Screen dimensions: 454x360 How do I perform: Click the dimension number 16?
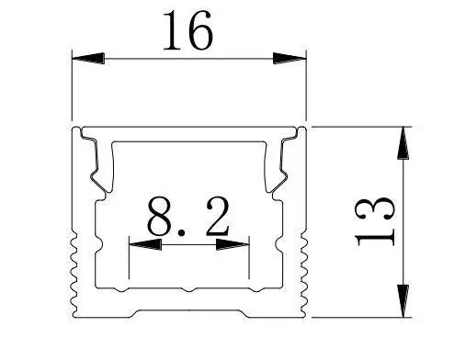point(187,30)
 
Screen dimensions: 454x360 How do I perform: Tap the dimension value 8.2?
point(188,217)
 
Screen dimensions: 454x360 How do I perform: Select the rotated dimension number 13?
point(374,221)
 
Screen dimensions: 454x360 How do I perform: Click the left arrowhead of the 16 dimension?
point(88,58)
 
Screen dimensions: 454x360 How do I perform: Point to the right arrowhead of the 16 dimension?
point(289,58)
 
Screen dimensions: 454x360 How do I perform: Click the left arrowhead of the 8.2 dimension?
point(145,244)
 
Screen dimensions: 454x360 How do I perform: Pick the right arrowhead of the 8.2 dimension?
point(233,244)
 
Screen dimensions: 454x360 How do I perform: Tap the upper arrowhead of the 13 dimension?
point(403,143)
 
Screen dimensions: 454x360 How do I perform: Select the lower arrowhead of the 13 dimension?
point(403,301)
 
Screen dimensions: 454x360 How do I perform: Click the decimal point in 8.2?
point(182,233)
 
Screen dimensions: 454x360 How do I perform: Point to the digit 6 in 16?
point(200,30)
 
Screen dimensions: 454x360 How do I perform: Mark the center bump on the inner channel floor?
point(188,289)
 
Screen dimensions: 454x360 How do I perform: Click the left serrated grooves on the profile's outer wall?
point(74,274)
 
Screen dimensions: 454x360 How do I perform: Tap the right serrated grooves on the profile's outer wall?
point(304,274)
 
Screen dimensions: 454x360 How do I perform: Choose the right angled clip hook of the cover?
point(278,165)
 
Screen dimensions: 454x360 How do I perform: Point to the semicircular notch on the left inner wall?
point(98,244)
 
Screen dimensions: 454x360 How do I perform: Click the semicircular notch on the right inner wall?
point(278,244)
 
